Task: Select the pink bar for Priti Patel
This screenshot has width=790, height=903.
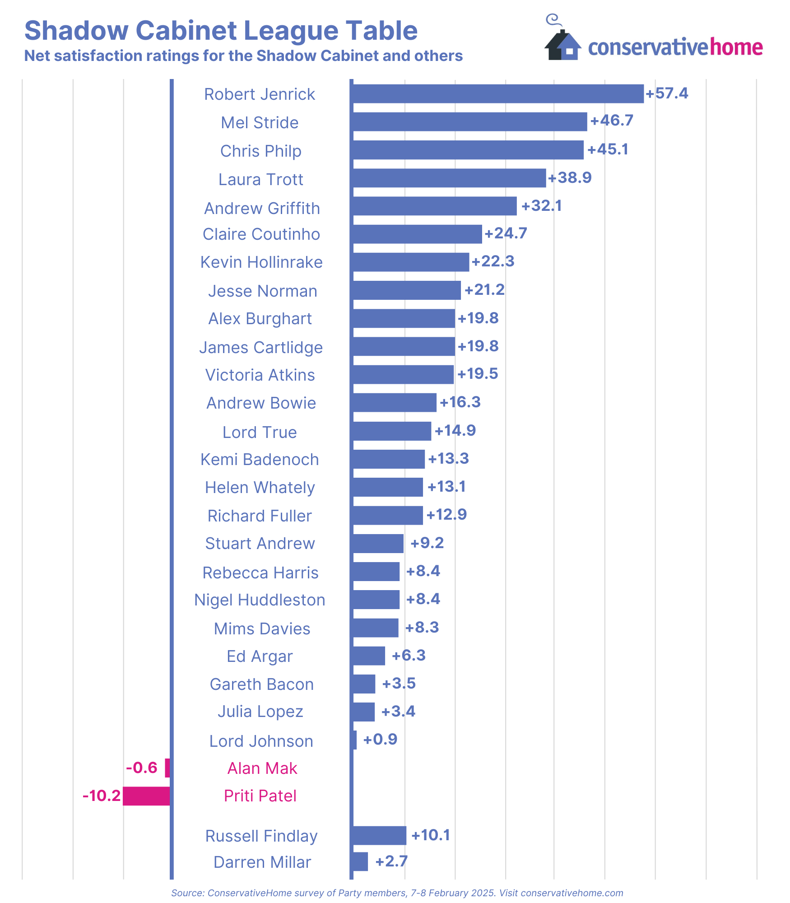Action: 146,796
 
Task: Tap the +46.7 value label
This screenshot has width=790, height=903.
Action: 612,121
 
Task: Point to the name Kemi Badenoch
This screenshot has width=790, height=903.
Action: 260,460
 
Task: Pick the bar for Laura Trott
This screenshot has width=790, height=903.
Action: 449,178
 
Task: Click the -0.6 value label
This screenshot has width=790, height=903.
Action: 141,768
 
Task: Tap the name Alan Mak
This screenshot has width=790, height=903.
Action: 262,768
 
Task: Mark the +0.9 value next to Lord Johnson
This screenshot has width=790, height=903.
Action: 380,740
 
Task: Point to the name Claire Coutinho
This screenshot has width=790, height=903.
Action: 261,234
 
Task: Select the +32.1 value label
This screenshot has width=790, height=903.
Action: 541,206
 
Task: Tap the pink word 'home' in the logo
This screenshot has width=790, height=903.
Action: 736,47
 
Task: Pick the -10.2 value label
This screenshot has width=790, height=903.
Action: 102,796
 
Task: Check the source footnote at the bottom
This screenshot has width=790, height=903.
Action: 397,893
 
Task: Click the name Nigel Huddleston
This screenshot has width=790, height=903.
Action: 260,600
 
